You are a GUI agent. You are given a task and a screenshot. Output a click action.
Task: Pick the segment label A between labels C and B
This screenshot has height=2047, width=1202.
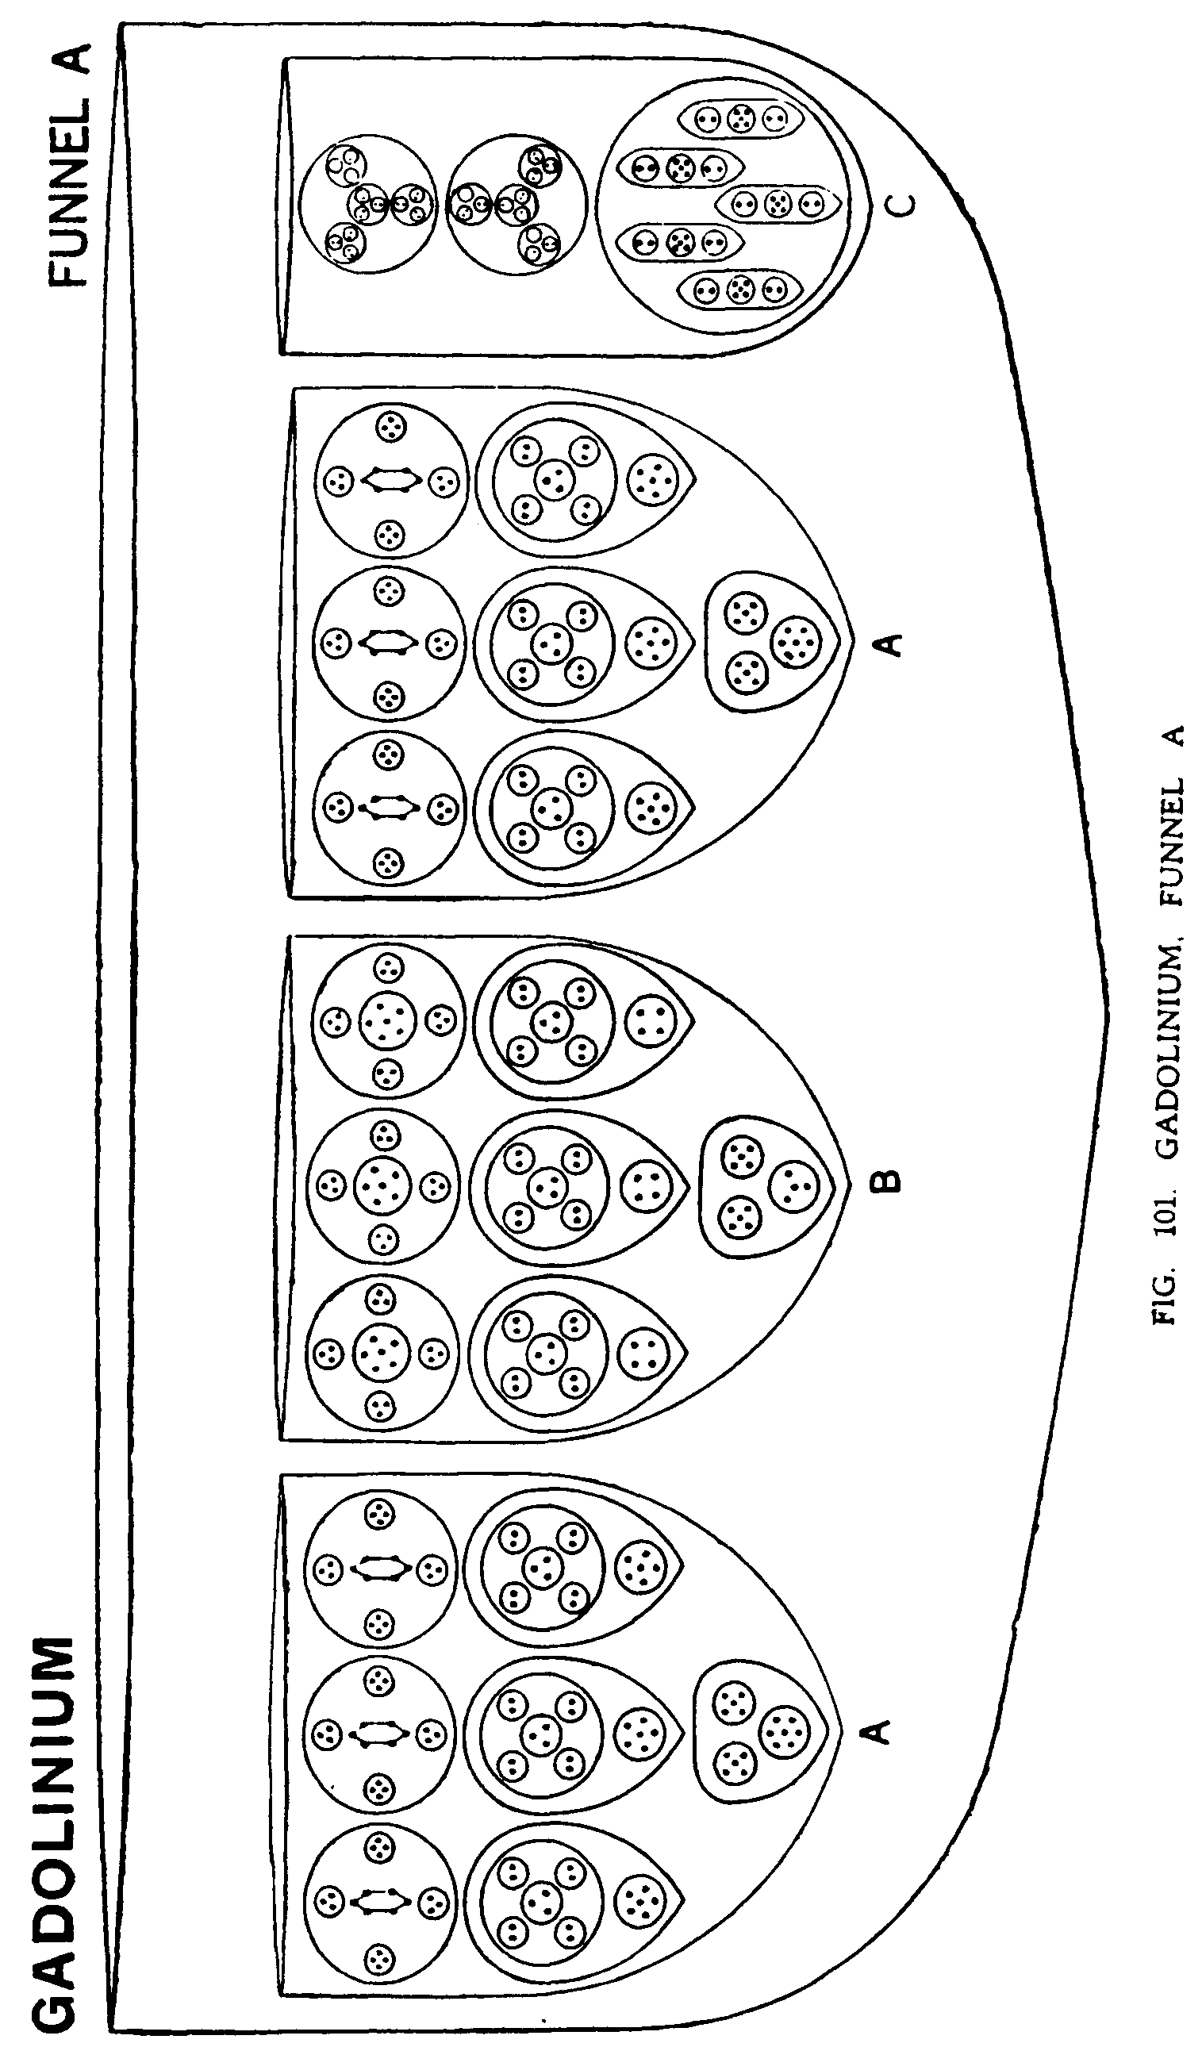point(891,644)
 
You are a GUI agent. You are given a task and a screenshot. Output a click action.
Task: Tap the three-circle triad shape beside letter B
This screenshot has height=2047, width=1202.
point(764,1187)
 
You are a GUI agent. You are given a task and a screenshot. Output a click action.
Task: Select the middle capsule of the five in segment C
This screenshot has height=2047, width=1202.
point(778,203)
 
